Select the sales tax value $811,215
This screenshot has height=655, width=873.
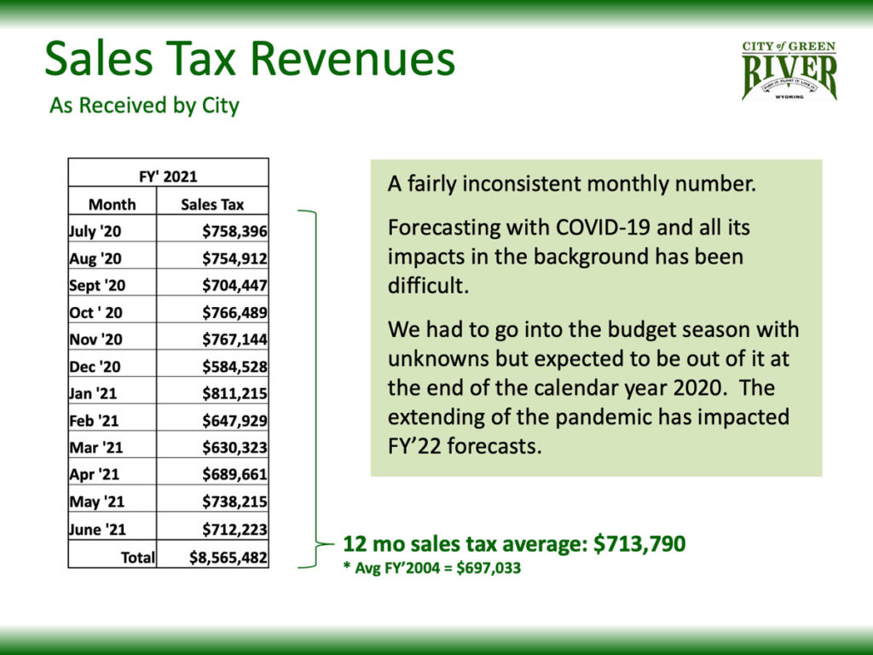pyautogui.click(x=234, y=394)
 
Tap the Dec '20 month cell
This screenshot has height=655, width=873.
pyautogui.click(x=95, y=367)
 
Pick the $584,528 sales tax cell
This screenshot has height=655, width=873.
pyautogui.click(x=234, y=367)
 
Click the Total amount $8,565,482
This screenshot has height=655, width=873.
pyautogui.click(x=228, y=558)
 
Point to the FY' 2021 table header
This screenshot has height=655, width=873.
pyautogui.click(x=168, y=177)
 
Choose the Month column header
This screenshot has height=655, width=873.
pyautogui.click(x=112, y=204)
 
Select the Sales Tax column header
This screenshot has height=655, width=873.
pyautogui.click(x=212, y=204)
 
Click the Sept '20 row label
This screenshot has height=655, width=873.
pyautogui.click(x=97, y=286)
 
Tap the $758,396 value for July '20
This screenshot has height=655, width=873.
pyautogui.click(x=234, y=231)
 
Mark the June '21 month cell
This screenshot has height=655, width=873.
pyautogui.click(x=98, y=530)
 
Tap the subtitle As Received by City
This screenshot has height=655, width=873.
pyautogui.click(x=144, y=106)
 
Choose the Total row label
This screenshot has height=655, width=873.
pyautogui.click(x=138, y=558)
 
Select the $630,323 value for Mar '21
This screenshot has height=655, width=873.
pyautogui.click(x=234, y=448)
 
